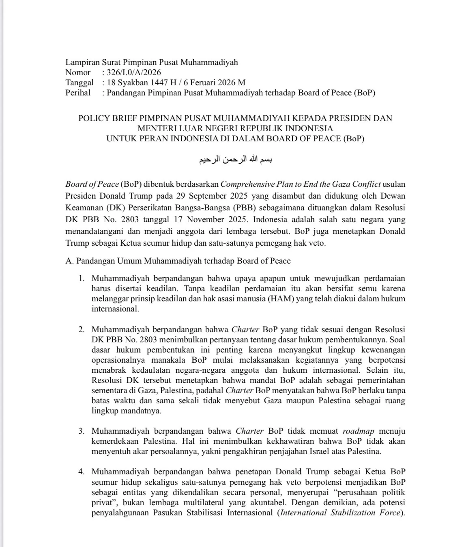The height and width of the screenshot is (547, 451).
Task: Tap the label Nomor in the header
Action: (78, 73)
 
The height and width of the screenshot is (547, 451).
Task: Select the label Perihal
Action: (78, 93)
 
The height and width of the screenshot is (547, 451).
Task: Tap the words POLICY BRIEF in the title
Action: (108, 118)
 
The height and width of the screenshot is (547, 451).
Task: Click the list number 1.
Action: (82, 279)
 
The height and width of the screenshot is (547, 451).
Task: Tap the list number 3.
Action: (82, 431)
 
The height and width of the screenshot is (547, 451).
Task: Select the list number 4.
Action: (82, 472)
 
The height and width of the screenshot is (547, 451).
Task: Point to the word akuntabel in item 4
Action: (268, 503)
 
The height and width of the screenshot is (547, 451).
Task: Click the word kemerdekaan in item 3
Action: (116, 441)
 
